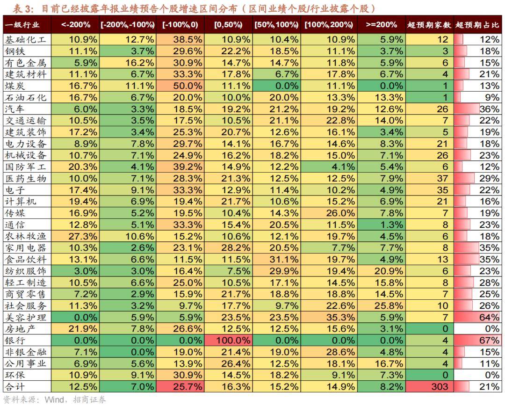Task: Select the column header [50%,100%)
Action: click(x=276, y=25)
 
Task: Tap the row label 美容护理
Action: click(x=26, y=317)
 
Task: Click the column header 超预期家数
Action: click(x=429, y=25)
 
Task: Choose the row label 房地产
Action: click(x=20, y=329)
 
